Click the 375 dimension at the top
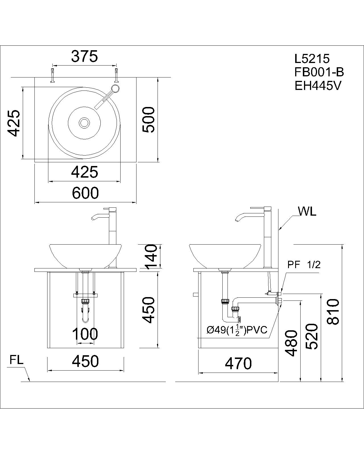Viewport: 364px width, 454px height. pyautogui.click(x=84, y=56)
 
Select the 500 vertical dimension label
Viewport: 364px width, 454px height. pyautogui.click(x=149, y=119)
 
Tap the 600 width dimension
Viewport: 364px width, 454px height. pyautogui.click(x=85, y=193)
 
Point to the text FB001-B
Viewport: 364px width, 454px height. pyautogui.click(x=319, y=72)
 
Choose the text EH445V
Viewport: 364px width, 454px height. pyautogui.click(x=317, y=86)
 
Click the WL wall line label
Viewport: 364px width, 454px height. pyautogui.click(x=307, y=211)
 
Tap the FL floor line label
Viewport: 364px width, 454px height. pyautogui.click(x=16, y=360)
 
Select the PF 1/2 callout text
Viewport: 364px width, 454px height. pyautogui.click(x=304, y=265)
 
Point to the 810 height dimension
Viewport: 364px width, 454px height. pyautogui.click(x=332, y=311)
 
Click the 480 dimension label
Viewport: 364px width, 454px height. pyautogui.click(x=291, y=343)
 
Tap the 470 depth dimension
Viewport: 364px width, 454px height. pyautogui.click(x=238, y=363)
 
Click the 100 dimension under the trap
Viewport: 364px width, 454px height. pyautogui.click(x=85, y=334)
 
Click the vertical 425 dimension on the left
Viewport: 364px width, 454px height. pyautogui.click(x=13, y=123)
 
